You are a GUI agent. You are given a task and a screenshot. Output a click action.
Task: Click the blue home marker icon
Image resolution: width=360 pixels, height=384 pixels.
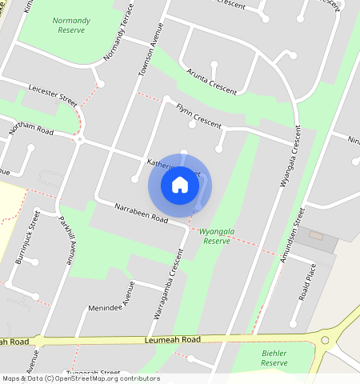pyautogui.click(x=180, y=185)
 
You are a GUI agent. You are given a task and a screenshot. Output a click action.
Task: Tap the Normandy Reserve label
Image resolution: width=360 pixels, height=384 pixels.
pyautogui.click(x=71, y=25)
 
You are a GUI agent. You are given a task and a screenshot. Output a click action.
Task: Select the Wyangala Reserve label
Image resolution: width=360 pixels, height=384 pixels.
pyautogui.click(x=216, y=235)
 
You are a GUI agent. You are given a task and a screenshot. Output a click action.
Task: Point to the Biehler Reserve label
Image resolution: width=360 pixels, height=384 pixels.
pyautogui.click(x=274, y=358)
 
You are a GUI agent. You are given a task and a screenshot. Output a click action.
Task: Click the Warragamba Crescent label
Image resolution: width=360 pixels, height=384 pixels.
pyautogui.click(x=169, y=283)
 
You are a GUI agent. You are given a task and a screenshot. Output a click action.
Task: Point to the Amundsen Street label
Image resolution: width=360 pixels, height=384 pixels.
pyautogui.click(x=295, y=229)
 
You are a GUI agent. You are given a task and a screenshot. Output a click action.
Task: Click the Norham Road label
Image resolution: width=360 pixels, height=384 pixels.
pyautogui.click(x=30, y=126)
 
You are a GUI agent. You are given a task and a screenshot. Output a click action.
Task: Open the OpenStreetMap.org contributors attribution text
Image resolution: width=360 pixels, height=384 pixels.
pyautogui.click(x=106, y=378)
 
